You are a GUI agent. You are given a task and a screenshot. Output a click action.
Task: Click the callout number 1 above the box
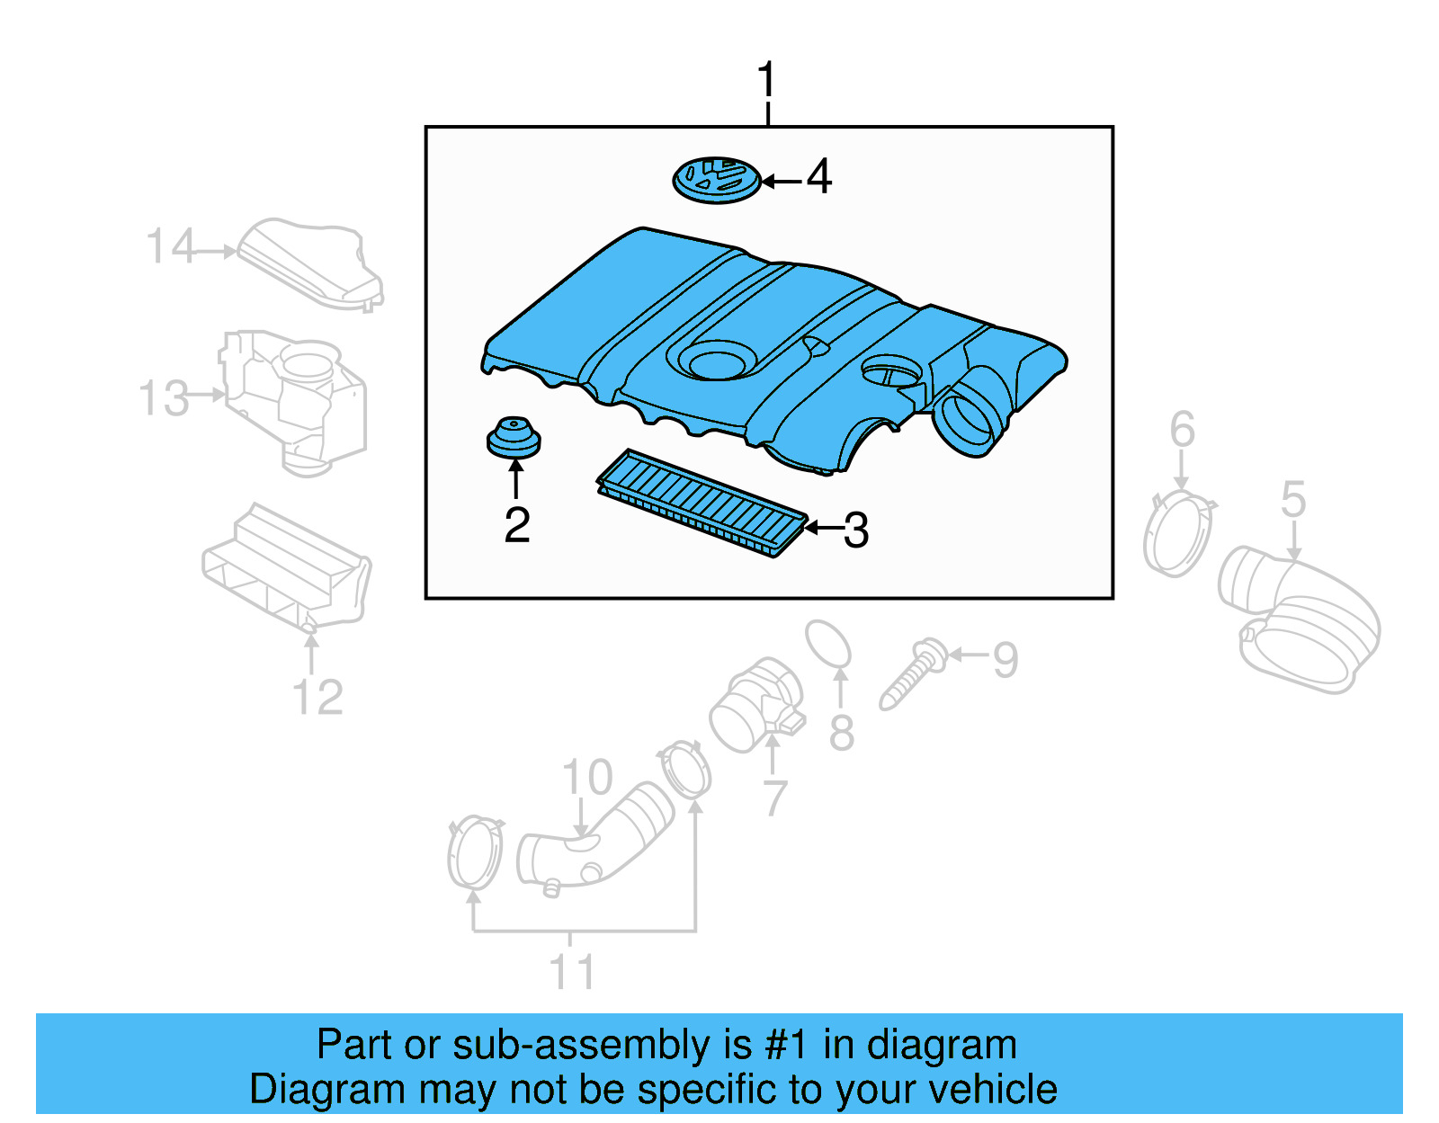coord(766,81)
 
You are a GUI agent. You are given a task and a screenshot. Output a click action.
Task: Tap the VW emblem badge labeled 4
coord(716,180)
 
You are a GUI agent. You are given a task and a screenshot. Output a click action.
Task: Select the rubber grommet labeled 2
coord(513,438)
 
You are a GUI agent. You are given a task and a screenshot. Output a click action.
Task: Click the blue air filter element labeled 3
coord(702,503)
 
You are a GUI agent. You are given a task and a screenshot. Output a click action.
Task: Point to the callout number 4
coord(818,176)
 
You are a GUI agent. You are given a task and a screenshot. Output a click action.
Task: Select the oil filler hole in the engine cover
coord(716,361)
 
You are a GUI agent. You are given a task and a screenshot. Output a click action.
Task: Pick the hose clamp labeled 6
coord(1177,535)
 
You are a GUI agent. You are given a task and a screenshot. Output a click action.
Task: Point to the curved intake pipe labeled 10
coord(594,840)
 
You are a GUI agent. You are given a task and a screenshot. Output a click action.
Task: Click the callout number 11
coord(572,973)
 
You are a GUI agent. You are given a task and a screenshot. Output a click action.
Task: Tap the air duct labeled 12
coord(286,567)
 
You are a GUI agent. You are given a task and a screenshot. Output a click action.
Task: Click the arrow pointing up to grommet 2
coord(515,477)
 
